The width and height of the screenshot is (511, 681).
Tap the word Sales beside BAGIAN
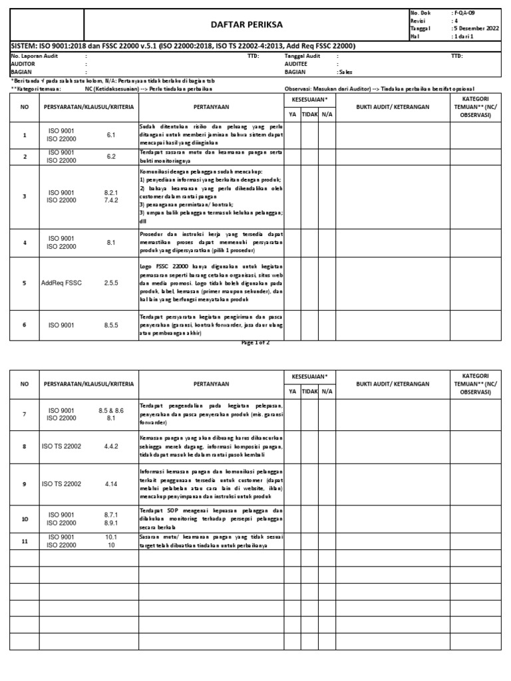(345, 71)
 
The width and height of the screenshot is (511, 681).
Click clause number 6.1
(111, 135)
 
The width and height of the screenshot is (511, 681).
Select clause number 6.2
(111, 157)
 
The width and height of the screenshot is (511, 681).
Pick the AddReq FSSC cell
(62, 283)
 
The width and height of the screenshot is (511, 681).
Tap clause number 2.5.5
(111, 283)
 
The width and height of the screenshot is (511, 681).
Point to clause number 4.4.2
(111, 446)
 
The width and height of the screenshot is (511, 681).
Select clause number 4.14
(111, 483)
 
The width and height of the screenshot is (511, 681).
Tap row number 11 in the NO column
(25, 541)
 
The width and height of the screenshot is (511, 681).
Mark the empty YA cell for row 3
(292, 196)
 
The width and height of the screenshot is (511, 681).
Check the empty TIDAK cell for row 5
(309, 283)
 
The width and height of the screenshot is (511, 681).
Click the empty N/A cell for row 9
(327, 483)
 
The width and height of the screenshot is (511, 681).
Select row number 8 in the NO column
(25, 446)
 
